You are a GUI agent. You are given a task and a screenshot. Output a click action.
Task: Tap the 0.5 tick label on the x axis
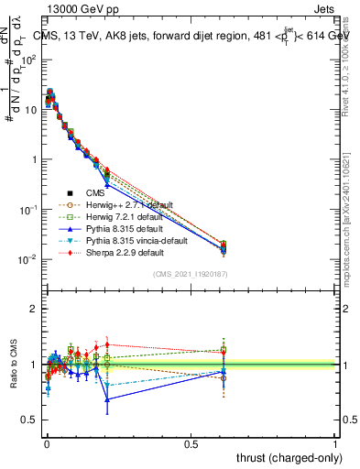click(x=191, y=442)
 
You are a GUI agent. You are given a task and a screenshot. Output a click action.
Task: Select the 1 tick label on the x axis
click(x=336, y=442)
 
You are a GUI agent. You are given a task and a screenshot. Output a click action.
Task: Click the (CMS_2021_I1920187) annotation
click(x=191, y=275)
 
